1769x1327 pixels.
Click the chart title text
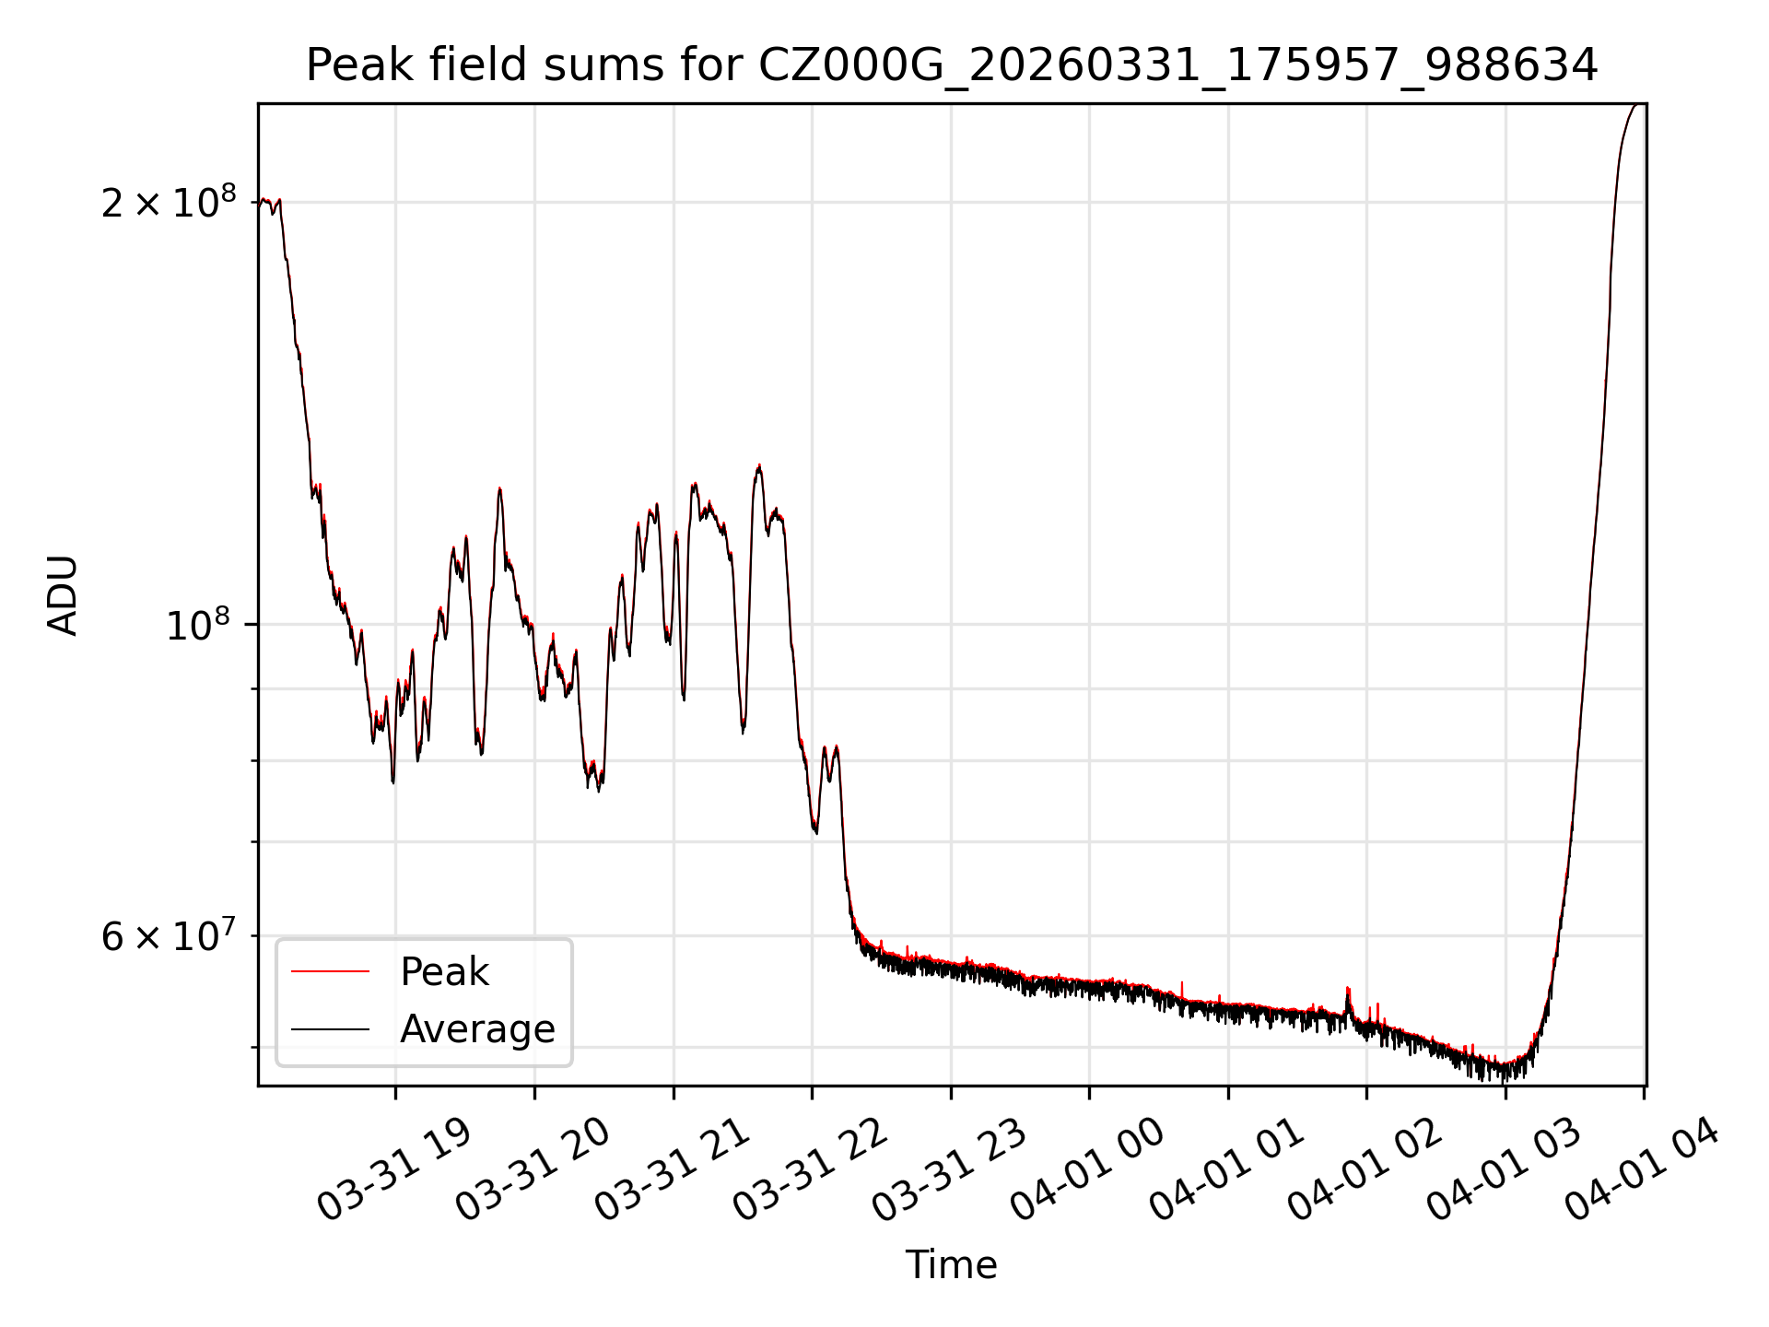tap(951, 65)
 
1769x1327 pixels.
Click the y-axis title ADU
tap(63, 595)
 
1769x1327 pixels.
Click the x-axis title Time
tap(951, 1265)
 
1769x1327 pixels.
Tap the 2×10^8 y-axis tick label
tap(169, 202)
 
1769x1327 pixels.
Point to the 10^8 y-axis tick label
tap(196, 626)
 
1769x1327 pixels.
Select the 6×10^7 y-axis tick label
tap(169, 936)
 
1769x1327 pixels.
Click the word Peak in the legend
tap(444, 972)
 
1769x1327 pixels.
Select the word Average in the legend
tap(477, 1029)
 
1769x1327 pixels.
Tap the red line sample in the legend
tap(330, 971)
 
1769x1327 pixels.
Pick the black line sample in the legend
tap(330, 1028)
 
